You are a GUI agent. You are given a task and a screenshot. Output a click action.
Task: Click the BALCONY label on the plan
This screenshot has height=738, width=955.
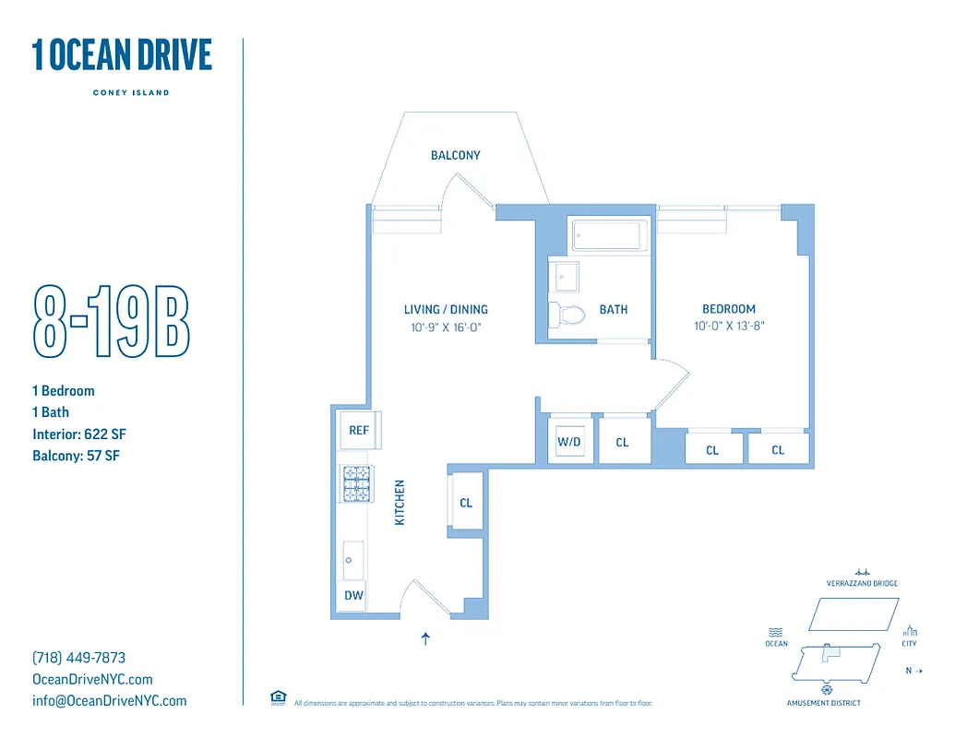point(456,155)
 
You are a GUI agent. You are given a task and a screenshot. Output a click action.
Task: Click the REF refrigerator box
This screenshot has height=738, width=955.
point(359,430)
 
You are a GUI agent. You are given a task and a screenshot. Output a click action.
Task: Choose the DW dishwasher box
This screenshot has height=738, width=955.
point(353,596)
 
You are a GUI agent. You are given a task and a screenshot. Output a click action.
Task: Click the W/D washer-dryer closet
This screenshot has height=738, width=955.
point(569,442)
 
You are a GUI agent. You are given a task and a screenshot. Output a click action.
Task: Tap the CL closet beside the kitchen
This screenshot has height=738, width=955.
point(466,503)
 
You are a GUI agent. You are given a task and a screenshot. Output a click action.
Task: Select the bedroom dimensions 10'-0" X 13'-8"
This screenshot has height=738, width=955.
point(729,326)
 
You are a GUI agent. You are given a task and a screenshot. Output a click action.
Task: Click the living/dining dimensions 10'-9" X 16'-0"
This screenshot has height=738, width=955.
point(446,327)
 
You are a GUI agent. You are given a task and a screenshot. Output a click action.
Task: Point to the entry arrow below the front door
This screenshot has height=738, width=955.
point(425,637)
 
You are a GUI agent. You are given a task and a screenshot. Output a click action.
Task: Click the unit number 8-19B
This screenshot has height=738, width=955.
point(112,321)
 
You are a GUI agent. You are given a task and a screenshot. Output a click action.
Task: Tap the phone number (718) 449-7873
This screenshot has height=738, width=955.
point(78,658)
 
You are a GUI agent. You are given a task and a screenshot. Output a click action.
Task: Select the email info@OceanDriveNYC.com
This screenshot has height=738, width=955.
point(109,700)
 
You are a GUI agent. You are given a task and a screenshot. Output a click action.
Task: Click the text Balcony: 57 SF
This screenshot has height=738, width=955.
point(76,456)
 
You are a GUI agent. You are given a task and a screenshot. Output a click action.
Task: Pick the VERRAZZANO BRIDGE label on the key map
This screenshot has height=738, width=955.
point(862,583)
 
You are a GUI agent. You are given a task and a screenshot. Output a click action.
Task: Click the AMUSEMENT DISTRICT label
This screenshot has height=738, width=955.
point(823,703)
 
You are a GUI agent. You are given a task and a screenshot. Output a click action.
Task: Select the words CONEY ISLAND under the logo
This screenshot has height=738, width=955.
point(131,92)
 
